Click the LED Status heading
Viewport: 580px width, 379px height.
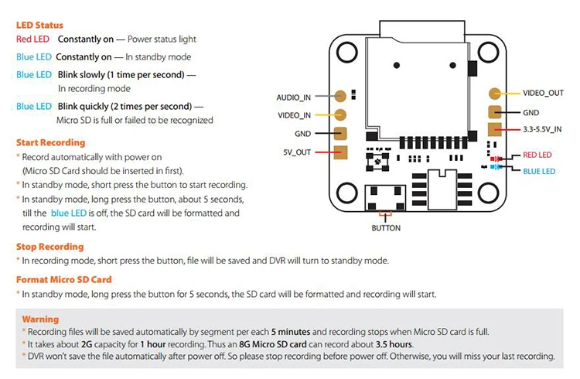tap(39, 26)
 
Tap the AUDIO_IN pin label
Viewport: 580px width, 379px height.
tap(294, 97)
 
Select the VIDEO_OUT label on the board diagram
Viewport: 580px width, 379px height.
tap(543, 93)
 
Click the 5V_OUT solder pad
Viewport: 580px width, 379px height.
tap(341, 152)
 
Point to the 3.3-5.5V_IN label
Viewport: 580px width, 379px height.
tap(542, 129)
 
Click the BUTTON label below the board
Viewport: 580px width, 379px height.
tap(386, 228)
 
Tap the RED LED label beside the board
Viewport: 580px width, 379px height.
tap(537, 155)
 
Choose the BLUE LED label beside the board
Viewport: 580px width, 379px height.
tap(539, 171)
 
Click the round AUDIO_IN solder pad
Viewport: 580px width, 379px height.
tap(340, 96)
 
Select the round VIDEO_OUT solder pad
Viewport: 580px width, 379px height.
tap(495, 94)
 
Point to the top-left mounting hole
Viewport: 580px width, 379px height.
tap(347, 52)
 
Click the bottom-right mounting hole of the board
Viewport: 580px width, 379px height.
tap(488, 193)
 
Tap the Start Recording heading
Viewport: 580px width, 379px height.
tap(51, 142)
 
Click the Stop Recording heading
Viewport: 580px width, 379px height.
tap(50, 247)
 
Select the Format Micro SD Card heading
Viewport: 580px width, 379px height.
tap(63, 279)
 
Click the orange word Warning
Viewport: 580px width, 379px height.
tap(40, 319)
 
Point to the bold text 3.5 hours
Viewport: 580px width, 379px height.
tap(394, 344)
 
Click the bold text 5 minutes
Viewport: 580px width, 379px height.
tap(291, 332)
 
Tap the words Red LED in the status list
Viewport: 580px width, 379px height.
tap(32, 39)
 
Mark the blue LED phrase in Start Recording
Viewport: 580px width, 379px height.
tap(68, 213)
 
